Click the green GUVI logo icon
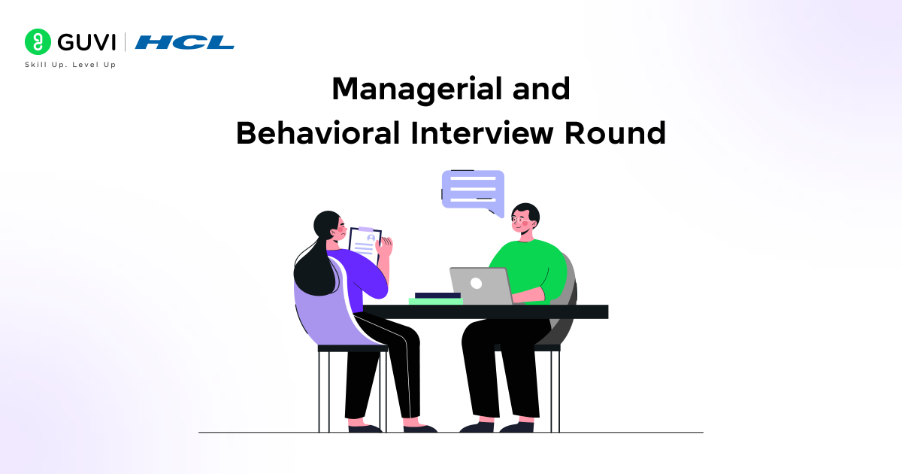pos(37,42)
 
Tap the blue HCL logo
pos(185,42)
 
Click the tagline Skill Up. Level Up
pos(71,65)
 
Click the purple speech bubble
pos(473,188)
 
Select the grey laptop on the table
pos(481,286)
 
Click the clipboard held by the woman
pos(365,245)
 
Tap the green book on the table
pos(435,301)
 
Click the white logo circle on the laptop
pos(476,284)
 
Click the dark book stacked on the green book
pos(437,295)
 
